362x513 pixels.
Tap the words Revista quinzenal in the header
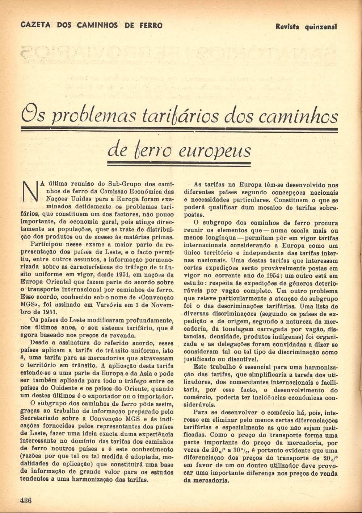tap(306, 26)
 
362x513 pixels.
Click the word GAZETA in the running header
tap(35, 25)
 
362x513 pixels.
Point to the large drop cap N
tap(30, 191)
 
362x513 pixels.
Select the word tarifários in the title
tap(180, 116)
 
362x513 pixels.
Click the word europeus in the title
tap(216, 150)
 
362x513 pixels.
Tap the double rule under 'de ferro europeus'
tap(179, 164)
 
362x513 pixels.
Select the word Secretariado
tap(42, 419)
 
